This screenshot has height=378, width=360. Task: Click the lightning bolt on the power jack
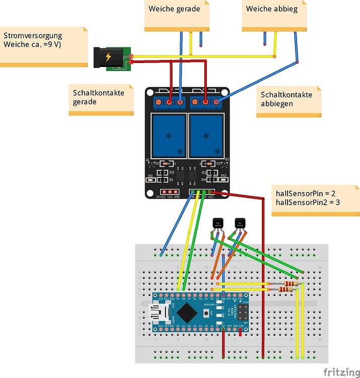pyautogui.click(x=108, y=57)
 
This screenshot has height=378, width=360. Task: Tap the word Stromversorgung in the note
pyautogui.click(x=33, y=36)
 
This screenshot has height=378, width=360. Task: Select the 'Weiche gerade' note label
pyautogui.click(x=174, y=9)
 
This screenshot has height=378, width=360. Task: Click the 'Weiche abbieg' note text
pyautogui.click(x=271, y=9)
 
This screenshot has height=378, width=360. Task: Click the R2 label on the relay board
pyautogui.click(x=171, y=172)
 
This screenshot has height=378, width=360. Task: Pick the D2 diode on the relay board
pyautogui.click(x=219, y=163)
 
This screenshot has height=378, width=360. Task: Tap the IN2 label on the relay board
pyautogui.click(x=224, y=175)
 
